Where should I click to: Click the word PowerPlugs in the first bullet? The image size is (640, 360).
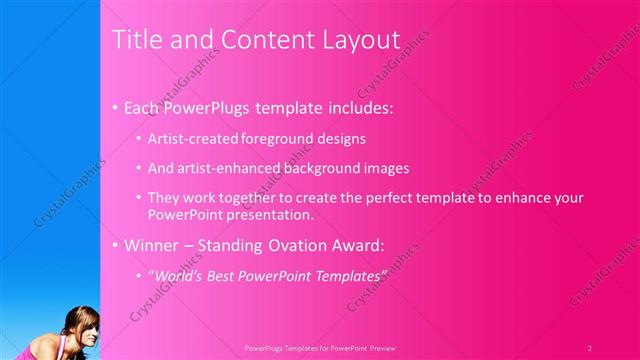coord(210,106)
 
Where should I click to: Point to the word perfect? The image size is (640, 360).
coord(389,198)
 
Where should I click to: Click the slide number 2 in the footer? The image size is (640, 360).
coord(590,347)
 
